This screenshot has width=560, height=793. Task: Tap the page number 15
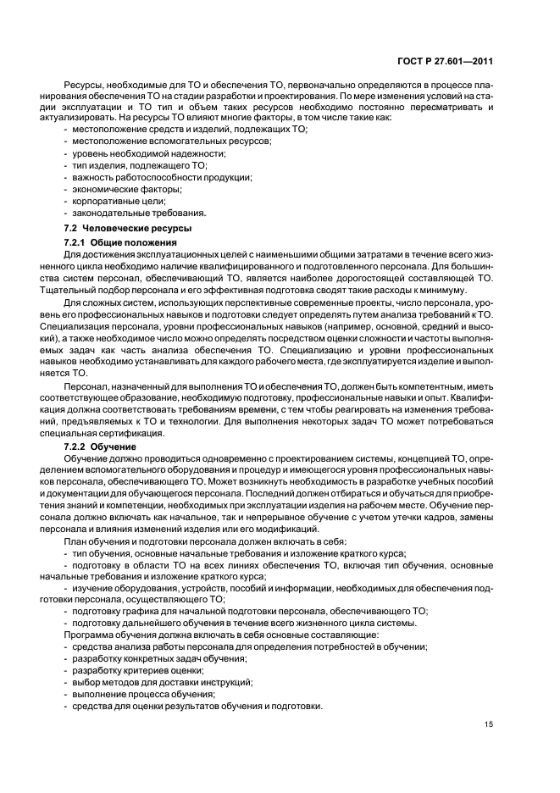click(489, 724)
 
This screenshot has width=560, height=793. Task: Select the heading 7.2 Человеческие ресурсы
click(128, 229)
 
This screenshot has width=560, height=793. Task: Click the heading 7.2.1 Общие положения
click(121, 242)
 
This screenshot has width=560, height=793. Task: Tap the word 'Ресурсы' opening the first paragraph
click(81, 86)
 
